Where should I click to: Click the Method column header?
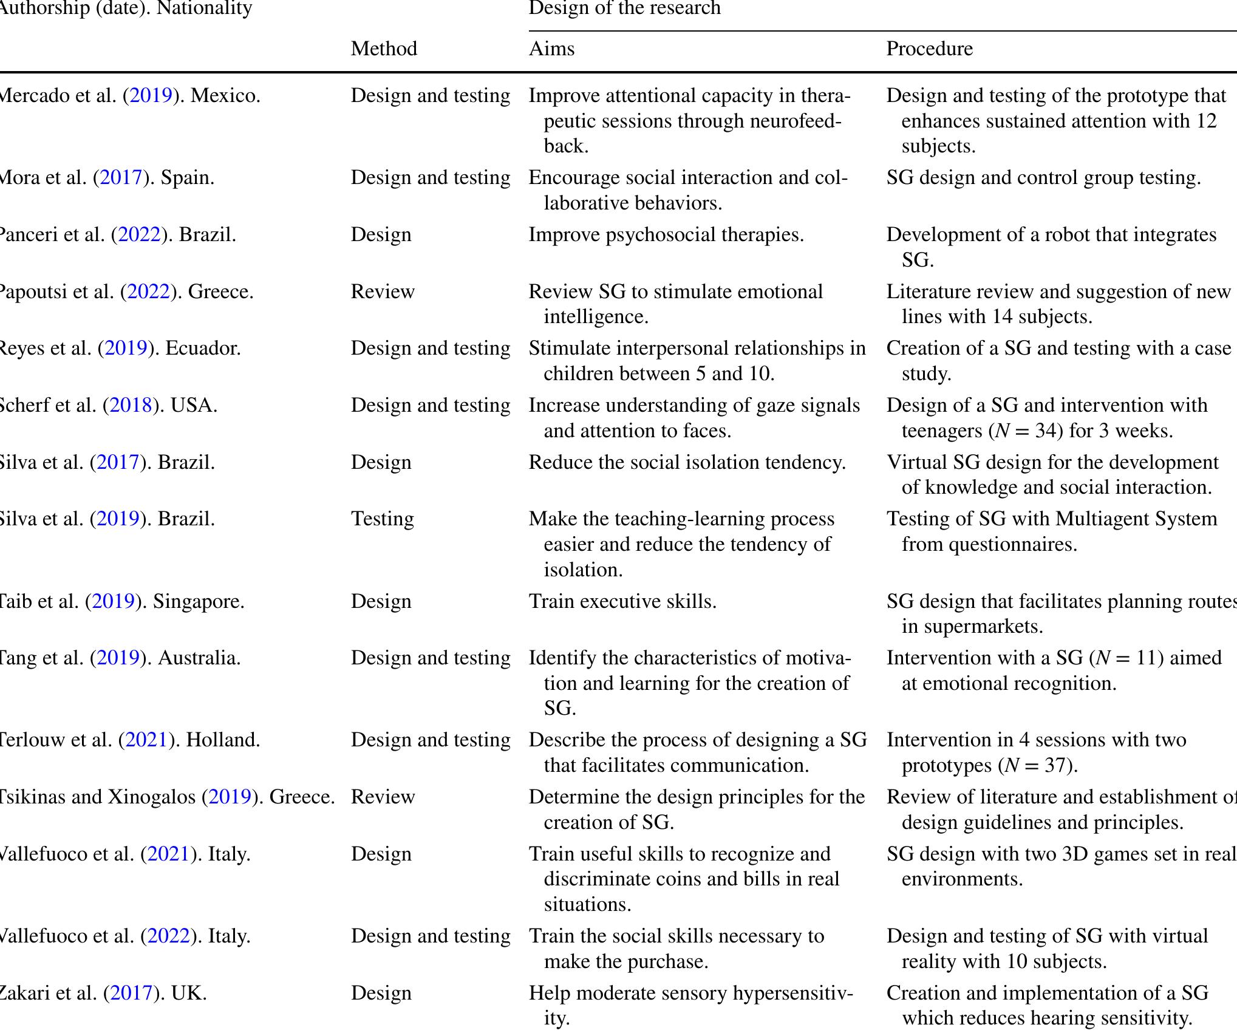click(x=384, y=49)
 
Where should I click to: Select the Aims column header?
click(x=551, y=49)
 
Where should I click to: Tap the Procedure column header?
click(x=929, y=49)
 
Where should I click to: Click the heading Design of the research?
click(x=624, y=9)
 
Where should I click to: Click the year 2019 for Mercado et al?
click(x=150, y=96)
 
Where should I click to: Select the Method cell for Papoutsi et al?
click(x=383, y=291)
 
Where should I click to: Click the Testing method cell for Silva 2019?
click(x=383, y=519)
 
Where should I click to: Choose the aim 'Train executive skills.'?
click(x=622, y=601)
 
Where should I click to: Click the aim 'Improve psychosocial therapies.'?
click(x=666, y=235)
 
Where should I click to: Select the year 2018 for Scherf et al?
click(x=129, y=406)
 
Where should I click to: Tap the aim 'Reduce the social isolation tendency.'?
click(x=687, y=463)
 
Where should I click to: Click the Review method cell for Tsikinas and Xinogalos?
click(x=383, y=797)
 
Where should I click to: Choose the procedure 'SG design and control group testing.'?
click(x=1043, y=178)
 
